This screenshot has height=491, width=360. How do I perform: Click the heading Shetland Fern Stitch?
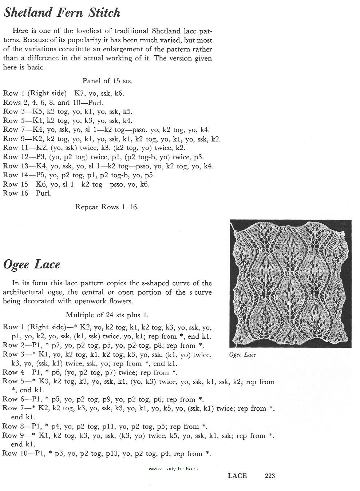click(x=62, y=13)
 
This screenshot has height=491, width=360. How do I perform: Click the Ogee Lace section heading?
click(x=31, y=264)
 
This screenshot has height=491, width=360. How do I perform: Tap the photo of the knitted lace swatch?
click(x=290, y=283)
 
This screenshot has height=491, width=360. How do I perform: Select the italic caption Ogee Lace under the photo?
click(x=242, y=355)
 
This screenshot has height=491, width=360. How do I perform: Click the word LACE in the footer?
click(x=237, y=475)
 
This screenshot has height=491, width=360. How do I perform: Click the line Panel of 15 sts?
click(x=107, y=81)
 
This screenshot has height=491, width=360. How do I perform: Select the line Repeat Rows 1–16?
click(x=107, y=207)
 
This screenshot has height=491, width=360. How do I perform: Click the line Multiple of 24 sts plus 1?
click(x=107, y=315)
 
